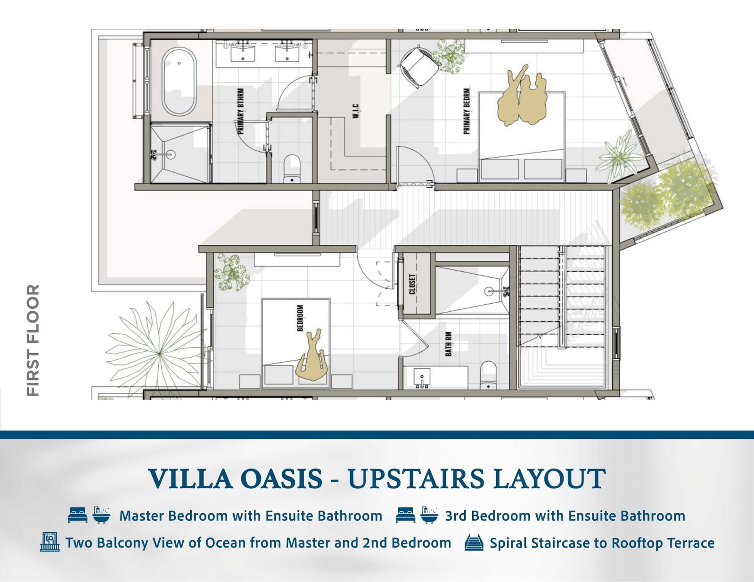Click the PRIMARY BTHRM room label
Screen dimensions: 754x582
pos(241,111)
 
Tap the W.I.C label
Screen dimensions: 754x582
pos(356,112)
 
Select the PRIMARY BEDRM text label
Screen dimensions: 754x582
pos(467,111)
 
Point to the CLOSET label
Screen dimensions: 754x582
pos(412,284)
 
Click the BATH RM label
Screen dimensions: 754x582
pos(449,344)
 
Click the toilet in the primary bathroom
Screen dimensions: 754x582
pos(292,169)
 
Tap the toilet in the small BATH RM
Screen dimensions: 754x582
pos(488,375)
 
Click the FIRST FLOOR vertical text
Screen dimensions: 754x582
pos(33,340)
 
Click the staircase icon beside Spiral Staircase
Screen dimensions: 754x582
pos(474,542)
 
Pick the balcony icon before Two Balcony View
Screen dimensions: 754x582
pos(50,542)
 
